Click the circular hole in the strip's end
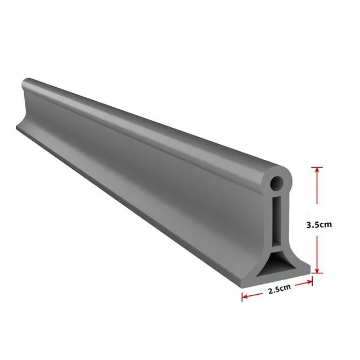tap(276, 184)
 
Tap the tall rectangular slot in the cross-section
tap(276, 220)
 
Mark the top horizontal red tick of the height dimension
tap(318, 166)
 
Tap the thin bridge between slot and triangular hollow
tap(276, 246)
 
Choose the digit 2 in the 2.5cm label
tap(270, 291)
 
